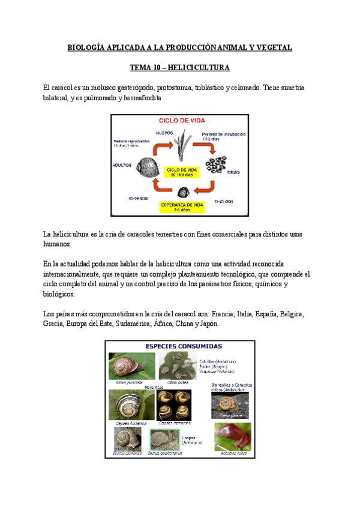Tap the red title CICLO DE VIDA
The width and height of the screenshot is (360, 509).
(180, 120)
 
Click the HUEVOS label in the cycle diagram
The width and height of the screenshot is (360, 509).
(165, 133)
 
